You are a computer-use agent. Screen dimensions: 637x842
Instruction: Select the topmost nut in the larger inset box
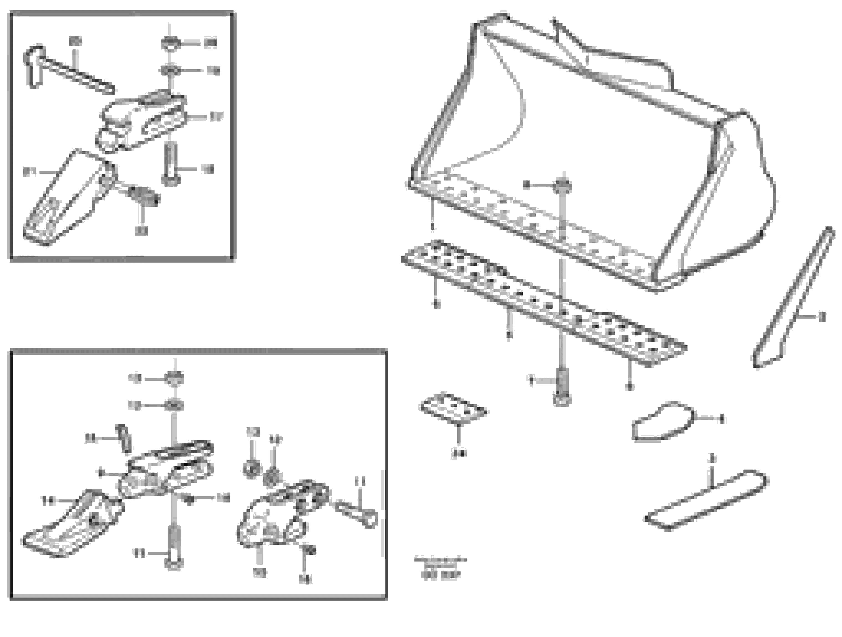coord(174,379)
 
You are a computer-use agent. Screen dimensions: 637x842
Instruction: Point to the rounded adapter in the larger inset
coord(274,518)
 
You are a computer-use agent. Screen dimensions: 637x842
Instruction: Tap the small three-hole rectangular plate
coord(453,409)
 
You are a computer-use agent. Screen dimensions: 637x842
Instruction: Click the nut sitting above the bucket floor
coord(563,185)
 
